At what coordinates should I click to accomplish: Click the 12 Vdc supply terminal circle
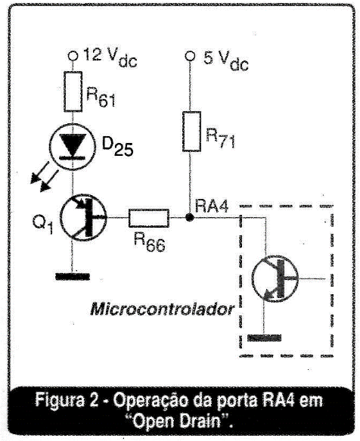coord(73,56)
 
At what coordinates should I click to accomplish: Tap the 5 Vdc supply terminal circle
coord(190,56)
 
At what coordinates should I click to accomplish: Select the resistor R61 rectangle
coord(73,92)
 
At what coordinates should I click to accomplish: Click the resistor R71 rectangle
coord(191,132)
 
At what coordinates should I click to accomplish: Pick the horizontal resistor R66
coord(149,218)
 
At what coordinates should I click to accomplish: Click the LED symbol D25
coord(73,147)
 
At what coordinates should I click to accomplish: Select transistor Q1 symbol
coord(83,217)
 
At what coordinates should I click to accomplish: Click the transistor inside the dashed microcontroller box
coord(275,278)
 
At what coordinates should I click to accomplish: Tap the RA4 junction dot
coord(190,217)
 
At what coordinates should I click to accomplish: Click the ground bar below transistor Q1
coord(73,276)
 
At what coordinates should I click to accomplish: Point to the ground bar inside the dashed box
coord(264,338)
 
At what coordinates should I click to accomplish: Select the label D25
coord(117,147)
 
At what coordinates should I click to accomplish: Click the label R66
coord(150,242)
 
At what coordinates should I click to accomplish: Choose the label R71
coord(220,138)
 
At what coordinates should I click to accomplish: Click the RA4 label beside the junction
coord(212,207)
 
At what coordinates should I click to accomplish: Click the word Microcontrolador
coord(163,309)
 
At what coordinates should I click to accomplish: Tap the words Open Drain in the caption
coord(179,421)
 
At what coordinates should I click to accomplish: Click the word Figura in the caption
coord(59,400)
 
